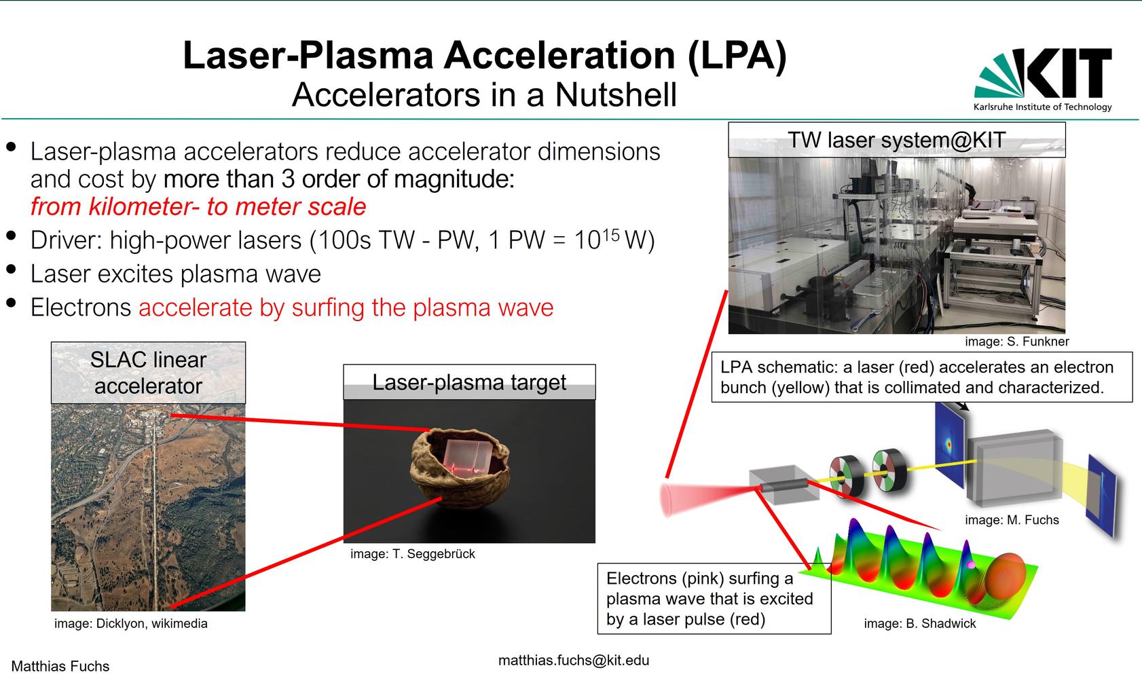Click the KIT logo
click(x=1043, y=79)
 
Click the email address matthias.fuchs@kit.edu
click(x=574, y=661)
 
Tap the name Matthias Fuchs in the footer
click(x=60, y=666)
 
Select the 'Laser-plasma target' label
click(x=469, y=382)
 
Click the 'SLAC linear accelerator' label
click(x=149, y=373)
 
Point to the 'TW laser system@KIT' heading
click(x=896, y=140)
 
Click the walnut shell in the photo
click(x=460, y=468)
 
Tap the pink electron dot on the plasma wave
click(x=971, y=565)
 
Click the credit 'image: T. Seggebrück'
click(x=412, y=554)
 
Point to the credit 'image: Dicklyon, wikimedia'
click(x=131, y=623)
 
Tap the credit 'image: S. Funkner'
click(x=1016, y=341)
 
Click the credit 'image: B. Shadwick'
click(x=920, y=623)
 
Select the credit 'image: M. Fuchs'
click(x=1012, y=520)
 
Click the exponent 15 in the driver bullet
click(x=611, y=234)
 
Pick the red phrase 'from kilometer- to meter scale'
click(x=198, y=206)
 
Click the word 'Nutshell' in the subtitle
click(x=616, y=95)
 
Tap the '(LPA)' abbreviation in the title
click(x=737, y=55)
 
